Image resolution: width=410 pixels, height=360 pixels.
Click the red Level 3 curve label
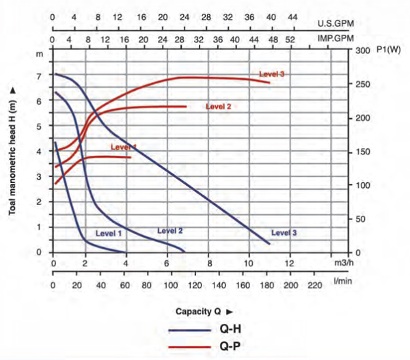pyautogui.click(x=271, y=74)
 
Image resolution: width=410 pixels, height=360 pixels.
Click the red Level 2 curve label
pyautogui.click(x=219, y=107)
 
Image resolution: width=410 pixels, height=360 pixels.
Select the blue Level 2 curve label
pyautogui.click(x=169, y=230)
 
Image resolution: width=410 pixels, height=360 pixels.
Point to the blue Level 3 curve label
pyautogui.click(x=284, y=233)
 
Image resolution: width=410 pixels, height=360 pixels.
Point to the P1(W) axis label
pyautogui.click(x=380, y=51)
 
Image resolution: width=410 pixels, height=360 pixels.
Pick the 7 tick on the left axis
pyautogui.click(x=40, y=76)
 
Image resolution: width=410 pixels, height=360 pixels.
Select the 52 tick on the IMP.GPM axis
pyautogui.click(x=290, y=39)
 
